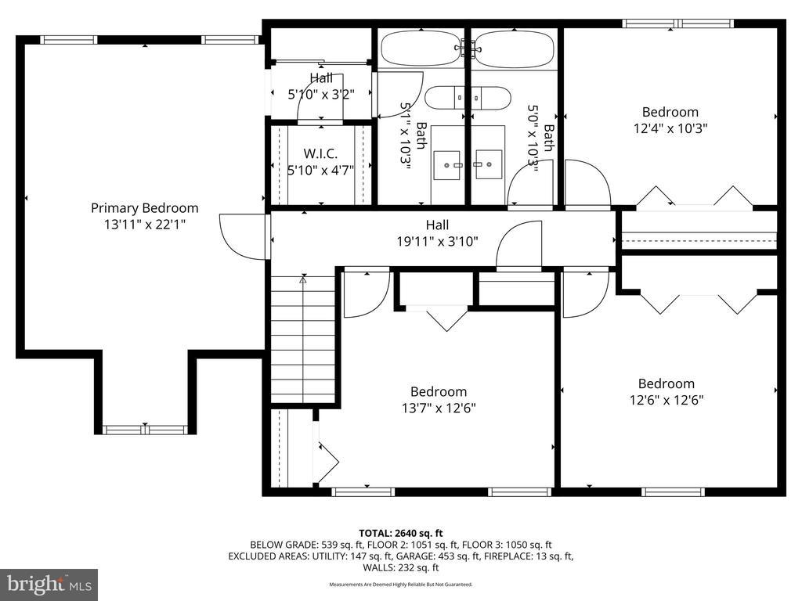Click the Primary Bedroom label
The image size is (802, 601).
145,208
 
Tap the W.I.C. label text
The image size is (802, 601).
320,153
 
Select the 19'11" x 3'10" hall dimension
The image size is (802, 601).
437,241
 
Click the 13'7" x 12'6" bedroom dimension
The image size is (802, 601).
439,408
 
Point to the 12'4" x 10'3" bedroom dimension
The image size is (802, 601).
670,128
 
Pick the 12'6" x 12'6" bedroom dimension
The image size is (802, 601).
667,400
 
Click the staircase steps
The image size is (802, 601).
303,340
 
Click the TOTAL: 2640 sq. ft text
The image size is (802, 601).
401,534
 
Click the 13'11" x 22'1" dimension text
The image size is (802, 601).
145,224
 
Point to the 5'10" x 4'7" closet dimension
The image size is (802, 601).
320,170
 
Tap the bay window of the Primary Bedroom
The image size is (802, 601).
145,430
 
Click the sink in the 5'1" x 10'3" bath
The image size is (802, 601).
447,165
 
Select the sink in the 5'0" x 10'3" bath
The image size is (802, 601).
489,164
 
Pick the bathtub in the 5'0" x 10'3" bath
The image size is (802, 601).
514,49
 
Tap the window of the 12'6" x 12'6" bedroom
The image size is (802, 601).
673,491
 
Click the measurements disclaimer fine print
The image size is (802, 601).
401,584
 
